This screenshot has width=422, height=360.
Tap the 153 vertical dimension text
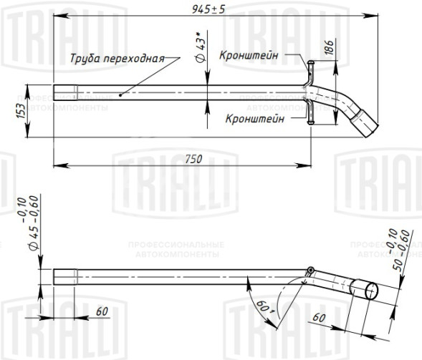coord(20,111)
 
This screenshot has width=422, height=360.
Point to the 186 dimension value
coord(327,49)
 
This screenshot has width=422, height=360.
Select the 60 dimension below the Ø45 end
coord(101,311)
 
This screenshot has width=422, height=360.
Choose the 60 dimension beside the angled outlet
coord(320,316)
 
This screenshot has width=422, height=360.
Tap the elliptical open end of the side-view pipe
coord(371,289)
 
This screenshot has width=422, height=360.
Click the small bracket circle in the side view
coord(310,271)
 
